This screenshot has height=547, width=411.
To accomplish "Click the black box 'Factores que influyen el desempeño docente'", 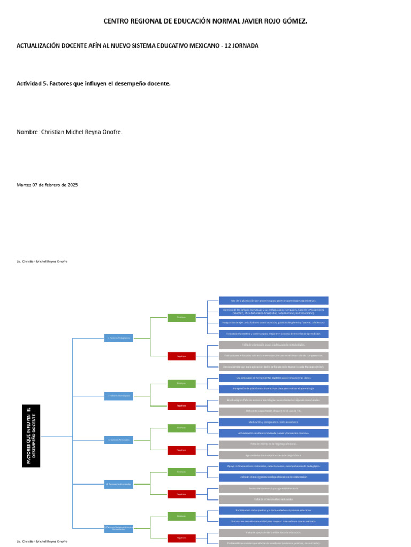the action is pyautogui.click(x=31, y=436).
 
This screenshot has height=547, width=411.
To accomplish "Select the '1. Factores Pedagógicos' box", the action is pyautogui.click(x=119, y=338).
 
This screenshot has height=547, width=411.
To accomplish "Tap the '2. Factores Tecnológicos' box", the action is pyautogui.click(x=119, y=396).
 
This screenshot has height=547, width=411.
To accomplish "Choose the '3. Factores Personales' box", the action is pyautogui.click(x=119, y=440).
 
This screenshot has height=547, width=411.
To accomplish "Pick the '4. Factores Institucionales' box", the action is pyautogui.click(x=119, y=485).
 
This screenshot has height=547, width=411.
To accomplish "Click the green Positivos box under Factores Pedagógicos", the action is pyautogui.click(x=181, y=317).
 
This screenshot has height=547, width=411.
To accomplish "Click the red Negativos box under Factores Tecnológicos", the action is pyautogui.click(x=181, y=406).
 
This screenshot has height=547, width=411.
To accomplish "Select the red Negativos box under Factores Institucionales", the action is pyautogui.click(x=181, y=494).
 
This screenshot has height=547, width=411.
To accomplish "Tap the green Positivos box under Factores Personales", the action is pyautogui.click(x=181, y=428).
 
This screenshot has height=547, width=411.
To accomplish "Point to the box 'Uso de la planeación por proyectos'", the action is pyautogui.click(x=273, y=301).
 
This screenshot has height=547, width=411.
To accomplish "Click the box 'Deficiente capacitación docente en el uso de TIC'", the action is pyautogui.click(x=273, y=411).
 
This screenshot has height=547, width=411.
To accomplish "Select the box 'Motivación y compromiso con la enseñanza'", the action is pyautogui.click(x=273, y=423).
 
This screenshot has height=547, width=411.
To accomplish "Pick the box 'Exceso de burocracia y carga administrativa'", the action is pyautogui.click(x=273, y=489).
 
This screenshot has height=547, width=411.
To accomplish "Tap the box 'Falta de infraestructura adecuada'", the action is pyautogui.click(x=273, y=499).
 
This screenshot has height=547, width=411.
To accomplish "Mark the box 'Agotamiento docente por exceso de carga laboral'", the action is pyautogui.click(x=273, y=456).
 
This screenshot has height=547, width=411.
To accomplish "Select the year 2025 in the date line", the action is pyautogui.click(x=72, y=185).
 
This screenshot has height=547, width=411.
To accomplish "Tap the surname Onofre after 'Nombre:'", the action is pyautogui.click(x=109, y=132).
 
